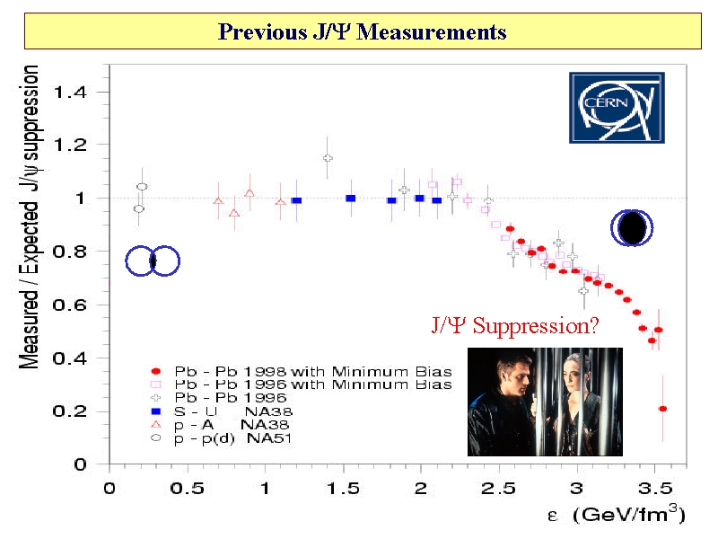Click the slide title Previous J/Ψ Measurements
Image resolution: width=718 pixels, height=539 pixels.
pyautogui.click(x=363, y=33)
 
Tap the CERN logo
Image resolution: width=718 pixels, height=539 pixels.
pyautogui.click(x=617, y=107)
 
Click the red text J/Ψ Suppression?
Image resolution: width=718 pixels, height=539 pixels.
pyautogui.click(x=514, y=325)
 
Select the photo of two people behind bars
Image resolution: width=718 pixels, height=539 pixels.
pyautogui.click(x=545, y=401)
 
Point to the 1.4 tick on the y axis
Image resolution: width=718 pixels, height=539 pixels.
pyautogui.click(x=74, y=92)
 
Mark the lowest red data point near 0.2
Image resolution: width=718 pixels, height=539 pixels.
pyautogui.click(x=662, y=409)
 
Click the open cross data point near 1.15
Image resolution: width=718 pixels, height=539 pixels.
pyautogui.click(x=328, y=158)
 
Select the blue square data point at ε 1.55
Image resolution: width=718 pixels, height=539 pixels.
pyautogui.click(x=351, y=198)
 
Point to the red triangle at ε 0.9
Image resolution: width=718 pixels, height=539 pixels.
pyautogui.click(x=250, y=193)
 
